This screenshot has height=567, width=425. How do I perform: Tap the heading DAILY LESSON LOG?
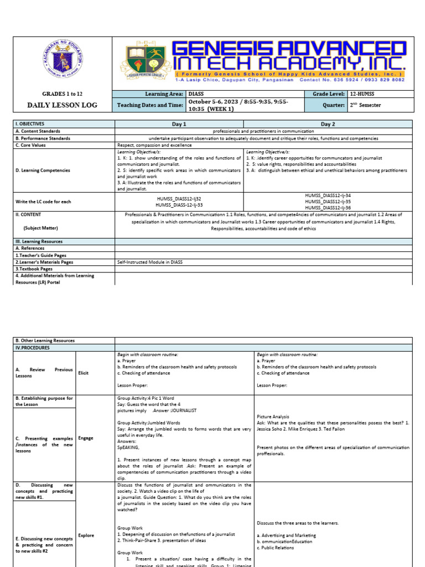[x=62, y=105]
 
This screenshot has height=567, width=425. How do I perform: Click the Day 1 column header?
[x=179, y=124]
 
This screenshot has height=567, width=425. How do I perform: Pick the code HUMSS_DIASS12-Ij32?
[x=179, y=198]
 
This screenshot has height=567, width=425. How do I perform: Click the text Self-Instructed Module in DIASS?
[x=149, y=262]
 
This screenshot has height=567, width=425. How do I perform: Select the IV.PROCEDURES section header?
[x=33, y=348]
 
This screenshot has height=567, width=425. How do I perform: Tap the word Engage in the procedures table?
[x=86, y=437]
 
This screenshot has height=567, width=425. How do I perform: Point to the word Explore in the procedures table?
[x=86, y=535]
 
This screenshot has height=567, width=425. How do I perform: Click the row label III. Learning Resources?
[x=39, y=241]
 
